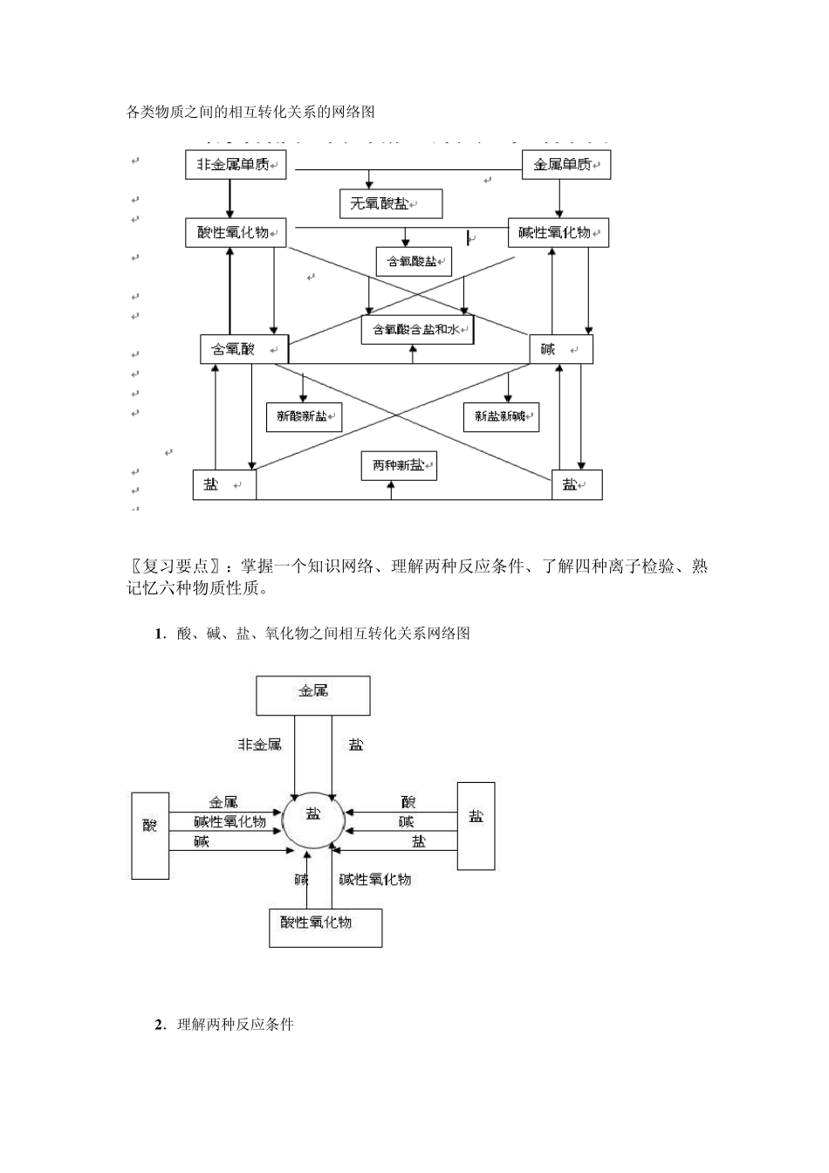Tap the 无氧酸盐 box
(x=391, y=203)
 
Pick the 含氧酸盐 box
(x=414, y=261)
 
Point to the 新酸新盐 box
(x=304, y=417)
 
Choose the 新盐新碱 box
(x=501, y=417)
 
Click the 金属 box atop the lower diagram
(x=312, y=695)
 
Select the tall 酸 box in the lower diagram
(x=150, y=835)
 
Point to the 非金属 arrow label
(x=260, y=744)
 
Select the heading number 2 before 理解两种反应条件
(x=160, y=1024)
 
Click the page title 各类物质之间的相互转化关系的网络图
(x=250, y=112)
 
